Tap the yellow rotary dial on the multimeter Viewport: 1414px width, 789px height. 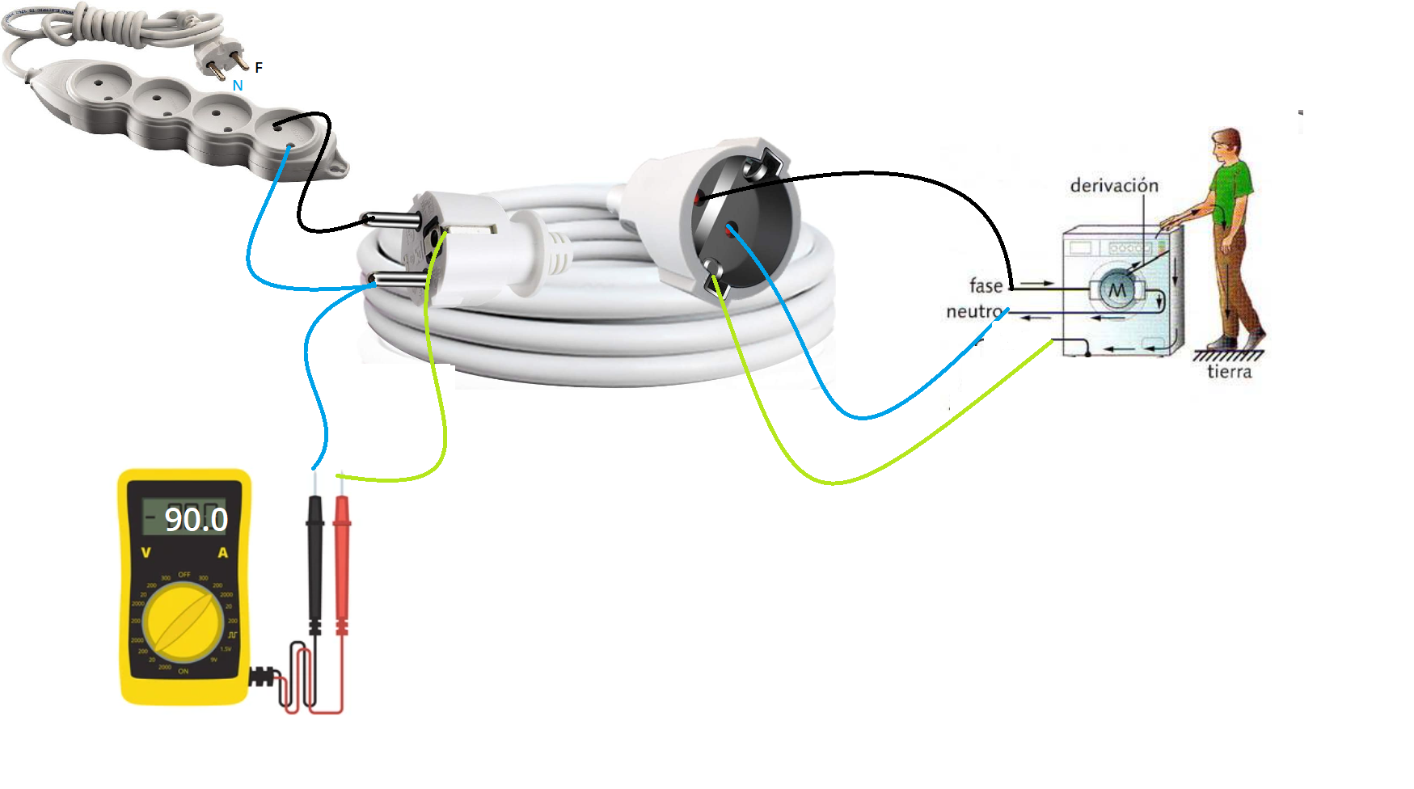184,622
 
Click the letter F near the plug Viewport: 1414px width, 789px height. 259,68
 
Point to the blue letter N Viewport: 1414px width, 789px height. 238,86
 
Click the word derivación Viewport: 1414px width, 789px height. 1114,186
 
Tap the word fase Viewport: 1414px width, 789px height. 986,285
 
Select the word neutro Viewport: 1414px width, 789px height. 973,311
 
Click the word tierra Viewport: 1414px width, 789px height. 1229,372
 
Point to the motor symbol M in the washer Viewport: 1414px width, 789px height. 1116,290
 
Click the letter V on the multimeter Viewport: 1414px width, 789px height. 146,553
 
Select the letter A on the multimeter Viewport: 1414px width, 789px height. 223,553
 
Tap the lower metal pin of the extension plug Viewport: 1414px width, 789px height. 399,280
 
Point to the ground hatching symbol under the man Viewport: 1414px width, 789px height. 1227,355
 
